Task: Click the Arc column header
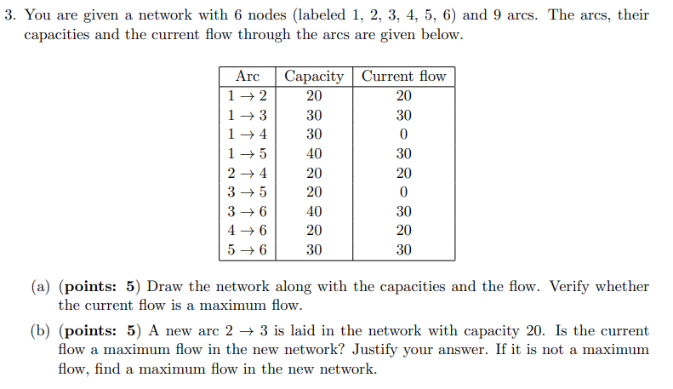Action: (247, 76)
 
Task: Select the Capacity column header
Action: (314, 76)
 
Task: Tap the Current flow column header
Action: (403, 76)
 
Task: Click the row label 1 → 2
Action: (247, 95)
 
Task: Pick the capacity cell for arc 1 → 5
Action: (314, 153)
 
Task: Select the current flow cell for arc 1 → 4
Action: (403, 134)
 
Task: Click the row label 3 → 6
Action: (247, 211)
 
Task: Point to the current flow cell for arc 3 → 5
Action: (403, 192)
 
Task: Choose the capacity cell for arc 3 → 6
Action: (314, 211)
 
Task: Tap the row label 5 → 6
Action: (247, 249)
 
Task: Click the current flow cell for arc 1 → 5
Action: (403, 153)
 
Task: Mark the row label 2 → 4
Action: (247, 173)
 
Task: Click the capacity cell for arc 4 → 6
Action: (314, 230)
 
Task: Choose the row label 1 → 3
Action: (247, 115)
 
